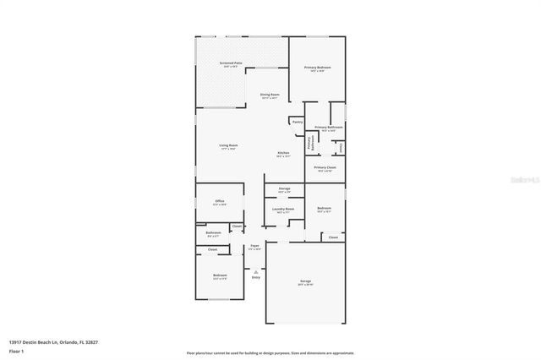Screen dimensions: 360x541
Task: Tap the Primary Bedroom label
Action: coord(317,67)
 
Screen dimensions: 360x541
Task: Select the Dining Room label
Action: coord(270,95)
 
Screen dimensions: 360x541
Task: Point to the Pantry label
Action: coord(298,122)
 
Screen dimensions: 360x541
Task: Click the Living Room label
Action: coord(228,145)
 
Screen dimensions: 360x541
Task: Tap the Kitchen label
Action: coord(284,153)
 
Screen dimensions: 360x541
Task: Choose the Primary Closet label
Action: coord(325,167)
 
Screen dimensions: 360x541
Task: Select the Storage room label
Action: coord(284,188)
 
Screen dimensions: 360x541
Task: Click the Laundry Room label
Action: coord(284,209)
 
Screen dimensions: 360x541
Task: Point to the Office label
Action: coord(220,201)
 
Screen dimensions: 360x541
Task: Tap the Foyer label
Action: coord(254,245)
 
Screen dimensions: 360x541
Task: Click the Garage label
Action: coord(305,281)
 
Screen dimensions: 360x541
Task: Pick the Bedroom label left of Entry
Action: coord(220,275)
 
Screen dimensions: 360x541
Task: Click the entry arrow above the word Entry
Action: coord(255,270)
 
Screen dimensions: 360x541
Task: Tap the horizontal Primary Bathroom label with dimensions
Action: coord(329,127)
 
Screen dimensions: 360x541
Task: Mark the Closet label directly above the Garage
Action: coord(333,237)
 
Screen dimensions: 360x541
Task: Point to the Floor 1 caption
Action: coord(16,350)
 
